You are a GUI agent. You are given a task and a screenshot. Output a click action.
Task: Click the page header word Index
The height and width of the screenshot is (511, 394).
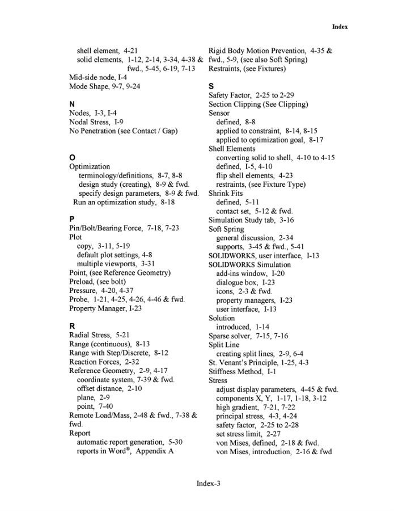pyautogui.click(x=340, y=27)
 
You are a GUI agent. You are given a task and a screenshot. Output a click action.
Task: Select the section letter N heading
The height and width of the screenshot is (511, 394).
pyautogui.click(x=72, y=104)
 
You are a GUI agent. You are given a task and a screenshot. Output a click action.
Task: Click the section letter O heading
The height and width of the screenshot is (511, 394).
pyautogui.click(x=72, y=157)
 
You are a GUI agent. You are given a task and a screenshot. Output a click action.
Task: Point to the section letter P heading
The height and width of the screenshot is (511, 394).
pyautogui.click(x=72, y=219)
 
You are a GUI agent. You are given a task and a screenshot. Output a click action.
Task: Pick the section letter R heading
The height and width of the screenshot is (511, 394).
pyautogui.click(x=72, y=326)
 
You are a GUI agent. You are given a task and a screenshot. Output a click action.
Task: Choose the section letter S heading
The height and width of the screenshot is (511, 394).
pyautogui.click(x=211, y=87)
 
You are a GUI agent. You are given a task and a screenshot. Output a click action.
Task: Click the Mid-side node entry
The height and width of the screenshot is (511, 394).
pyautogui.click(x=98, y=77)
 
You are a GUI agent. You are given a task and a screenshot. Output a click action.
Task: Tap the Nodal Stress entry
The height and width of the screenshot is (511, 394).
pyautogui.click(x=96, y=122)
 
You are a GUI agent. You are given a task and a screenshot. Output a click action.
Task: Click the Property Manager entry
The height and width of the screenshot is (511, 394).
pyautogui.click(x=105, y=308)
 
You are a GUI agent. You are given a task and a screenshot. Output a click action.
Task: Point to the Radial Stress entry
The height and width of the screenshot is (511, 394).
pyautogui.click(x=99, y=336)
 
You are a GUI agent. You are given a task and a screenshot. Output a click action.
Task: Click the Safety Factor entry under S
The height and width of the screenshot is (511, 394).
pyautogui.click(x=251, y=95)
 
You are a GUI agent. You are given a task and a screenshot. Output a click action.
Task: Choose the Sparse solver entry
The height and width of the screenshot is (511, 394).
pyautogui.click(x=248, y=336)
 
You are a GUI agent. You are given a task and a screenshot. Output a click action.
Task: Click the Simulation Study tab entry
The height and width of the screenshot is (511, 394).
pyautogui.click(x=251, y=220)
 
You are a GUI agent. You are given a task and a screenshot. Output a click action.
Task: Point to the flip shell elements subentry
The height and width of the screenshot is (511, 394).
pyautogui.click(x=255, y=175)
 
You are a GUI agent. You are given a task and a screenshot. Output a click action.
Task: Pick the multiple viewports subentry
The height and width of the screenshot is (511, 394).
pyautogui.click(x=116, y=264)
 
